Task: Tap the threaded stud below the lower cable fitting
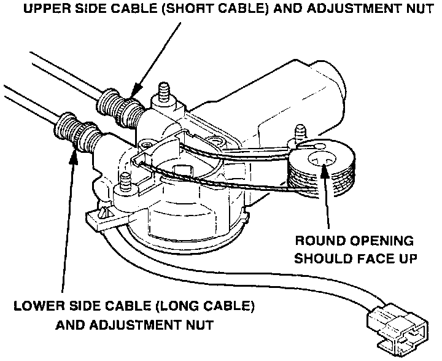(126, 182)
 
